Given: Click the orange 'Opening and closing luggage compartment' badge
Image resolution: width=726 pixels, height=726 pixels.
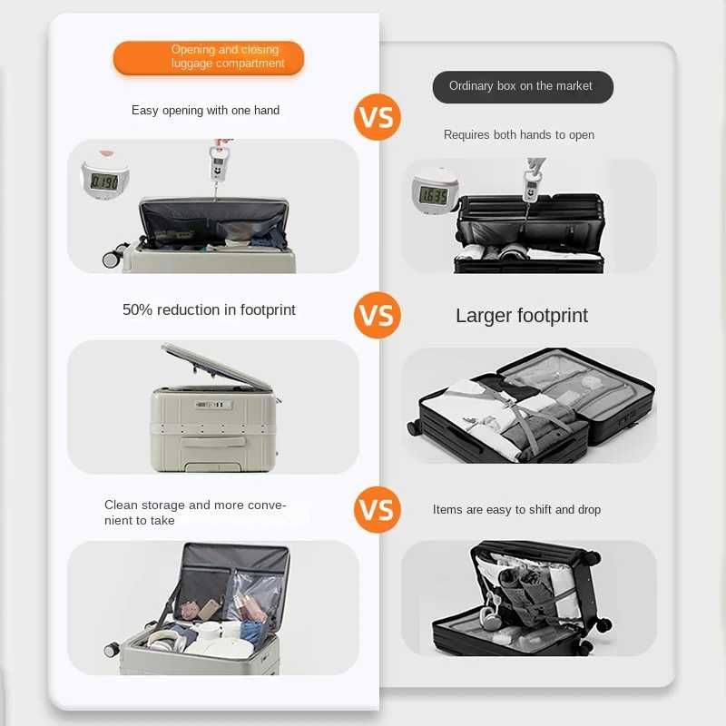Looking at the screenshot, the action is [209, 57].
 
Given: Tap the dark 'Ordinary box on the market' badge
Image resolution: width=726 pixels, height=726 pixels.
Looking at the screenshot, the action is [523, 86].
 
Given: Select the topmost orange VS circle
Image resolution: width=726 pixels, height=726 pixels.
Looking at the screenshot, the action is [377, 117].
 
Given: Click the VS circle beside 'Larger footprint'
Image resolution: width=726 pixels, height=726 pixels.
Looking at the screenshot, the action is [377, 315].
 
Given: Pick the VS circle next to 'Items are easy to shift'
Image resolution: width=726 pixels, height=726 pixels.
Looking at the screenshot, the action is [377, 509].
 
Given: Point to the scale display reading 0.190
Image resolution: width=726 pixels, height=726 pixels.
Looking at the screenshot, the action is [104, 181].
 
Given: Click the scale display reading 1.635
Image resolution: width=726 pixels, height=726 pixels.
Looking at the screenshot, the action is [434, 196].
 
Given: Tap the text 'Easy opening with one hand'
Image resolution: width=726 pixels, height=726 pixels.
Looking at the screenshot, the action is [205, 110].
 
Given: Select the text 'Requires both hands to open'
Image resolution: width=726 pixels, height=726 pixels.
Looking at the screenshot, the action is [518, 134].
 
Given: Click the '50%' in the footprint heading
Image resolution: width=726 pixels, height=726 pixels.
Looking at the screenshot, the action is [137, 309].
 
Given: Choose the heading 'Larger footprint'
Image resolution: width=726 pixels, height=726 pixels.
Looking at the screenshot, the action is [521, 316].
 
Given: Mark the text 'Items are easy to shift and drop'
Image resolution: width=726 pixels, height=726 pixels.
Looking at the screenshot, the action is [516, 509].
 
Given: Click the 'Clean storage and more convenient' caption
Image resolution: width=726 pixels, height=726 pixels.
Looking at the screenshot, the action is [195, 512].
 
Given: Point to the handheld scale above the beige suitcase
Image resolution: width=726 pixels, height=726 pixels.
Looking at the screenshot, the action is [218, 163].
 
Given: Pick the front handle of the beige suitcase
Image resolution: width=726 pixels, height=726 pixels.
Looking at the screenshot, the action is [213, 441].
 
